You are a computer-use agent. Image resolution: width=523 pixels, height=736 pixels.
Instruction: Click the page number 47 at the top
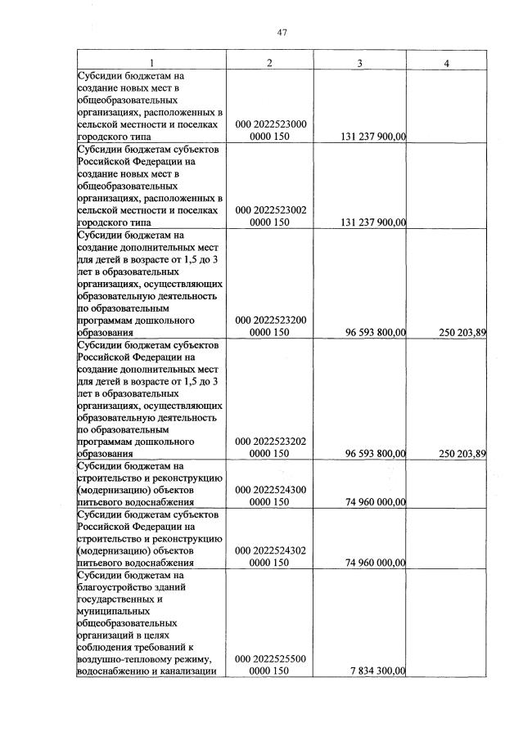click(282, 32)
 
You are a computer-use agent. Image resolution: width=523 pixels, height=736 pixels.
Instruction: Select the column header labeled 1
click(151, 63)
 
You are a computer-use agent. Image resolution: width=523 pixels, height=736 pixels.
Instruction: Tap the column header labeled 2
click(270, 63)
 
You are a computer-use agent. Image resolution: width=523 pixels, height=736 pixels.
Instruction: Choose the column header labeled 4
click(447, 63)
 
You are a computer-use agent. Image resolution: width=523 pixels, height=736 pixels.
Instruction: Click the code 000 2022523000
click(270, 124)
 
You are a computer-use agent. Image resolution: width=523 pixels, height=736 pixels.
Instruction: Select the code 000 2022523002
click(270, 210)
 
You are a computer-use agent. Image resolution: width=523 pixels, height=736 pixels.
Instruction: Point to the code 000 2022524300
click(270, 490)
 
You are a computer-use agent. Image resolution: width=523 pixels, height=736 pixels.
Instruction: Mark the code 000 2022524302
click(270, 550)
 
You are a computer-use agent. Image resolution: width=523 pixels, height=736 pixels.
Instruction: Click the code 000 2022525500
click(270, 658)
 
